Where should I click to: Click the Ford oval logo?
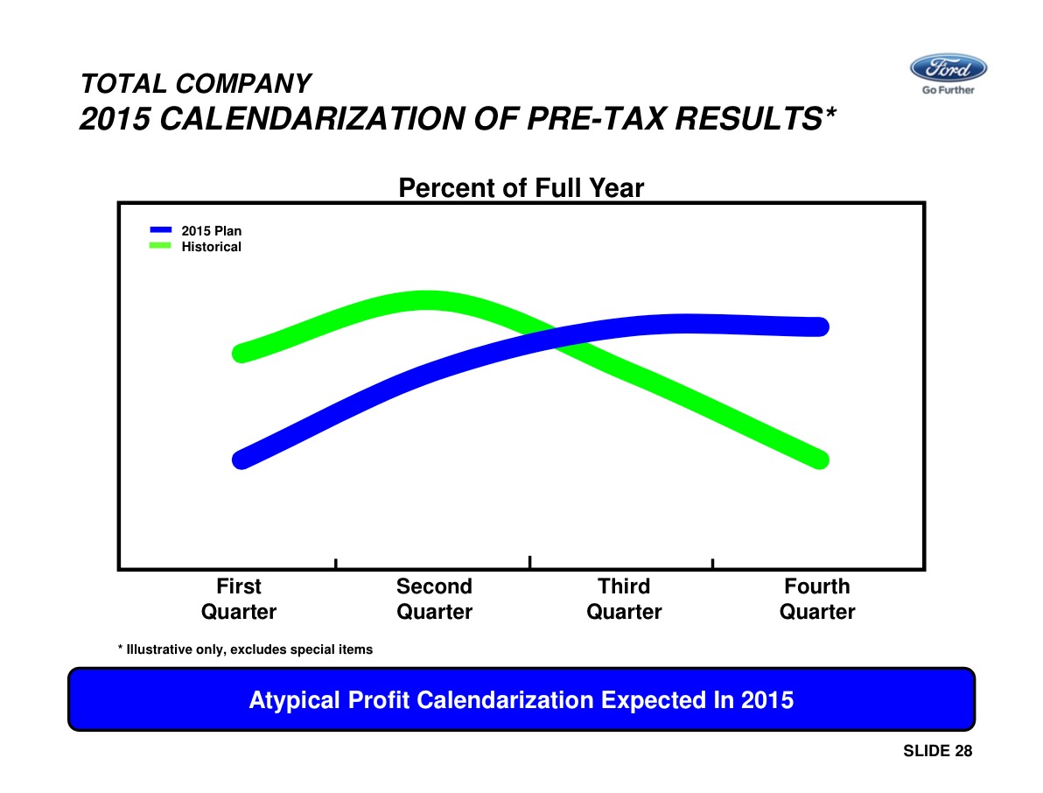(x=948, y=68)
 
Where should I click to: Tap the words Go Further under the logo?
(x=948, y=90)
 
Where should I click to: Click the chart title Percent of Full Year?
(x=521, y=188)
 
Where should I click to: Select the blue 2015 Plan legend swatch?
(x=160, y=230)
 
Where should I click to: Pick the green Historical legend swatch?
(x=160, y=246)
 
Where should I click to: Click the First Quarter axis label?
(x=238, y=599)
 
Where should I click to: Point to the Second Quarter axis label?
(x=434, y=599)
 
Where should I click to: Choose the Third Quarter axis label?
(x=624, y=599)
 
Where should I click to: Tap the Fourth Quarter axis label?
(x=817, y=599)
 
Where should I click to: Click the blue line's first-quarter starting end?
(x=242, y=460)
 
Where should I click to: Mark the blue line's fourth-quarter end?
(x=819, y=326)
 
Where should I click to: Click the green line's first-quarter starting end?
(x=242, y=353)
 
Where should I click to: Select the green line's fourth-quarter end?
(x=819, y=460)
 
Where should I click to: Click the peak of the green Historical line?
(x=428, y=300)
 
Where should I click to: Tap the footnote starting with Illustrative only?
(x=246, y=649)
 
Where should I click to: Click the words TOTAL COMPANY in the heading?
(x=195, y=84)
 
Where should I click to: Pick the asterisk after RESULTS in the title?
(x=829, y=114)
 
